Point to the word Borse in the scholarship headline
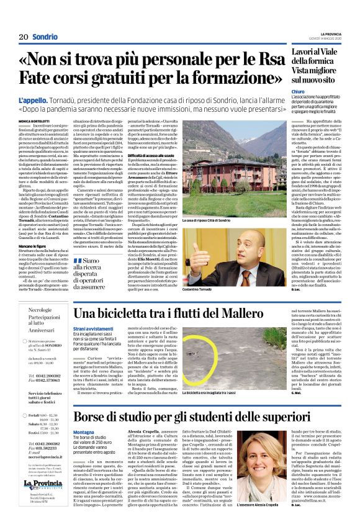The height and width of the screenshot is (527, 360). [94, 417]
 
